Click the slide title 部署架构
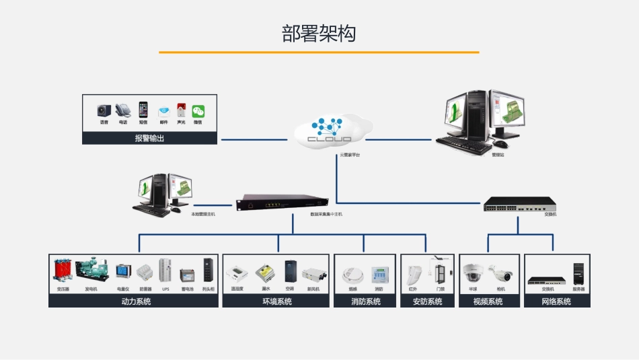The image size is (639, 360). (x=319, y=34)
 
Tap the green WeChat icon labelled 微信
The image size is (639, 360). (x=198, y=111)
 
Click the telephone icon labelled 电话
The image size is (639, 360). (x=122, y=110)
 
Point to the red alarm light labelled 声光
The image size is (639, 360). (x=181, y=111)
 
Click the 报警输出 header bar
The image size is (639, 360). (x=149, y=139)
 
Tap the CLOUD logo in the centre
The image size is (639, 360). (x=330, y=131)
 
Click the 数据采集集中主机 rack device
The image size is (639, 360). (x=282, y=203)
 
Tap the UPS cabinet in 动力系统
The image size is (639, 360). (x=165, y=271)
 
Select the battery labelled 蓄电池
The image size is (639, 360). (x=187, y=275)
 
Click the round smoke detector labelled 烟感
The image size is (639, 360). (x=352, y=275)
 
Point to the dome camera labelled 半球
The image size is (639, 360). (x=473, y=273)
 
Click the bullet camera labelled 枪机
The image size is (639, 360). (x=500, y=273)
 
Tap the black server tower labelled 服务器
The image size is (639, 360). (x=578, y=273)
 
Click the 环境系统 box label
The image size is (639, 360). (x=276, y=301)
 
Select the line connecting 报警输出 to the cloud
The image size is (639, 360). (x=255, y=140)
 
